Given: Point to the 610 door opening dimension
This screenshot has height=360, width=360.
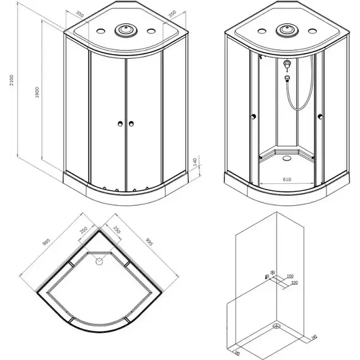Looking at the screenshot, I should coord(287,179).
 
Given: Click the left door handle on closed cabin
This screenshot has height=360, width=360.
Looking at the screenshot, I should coord(118,124).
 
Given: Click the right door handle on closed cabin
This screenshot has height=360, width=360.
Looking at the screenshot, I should coord(133,124).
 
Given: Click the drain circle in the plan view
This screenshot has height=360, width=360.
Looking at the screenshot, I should coord(99,259).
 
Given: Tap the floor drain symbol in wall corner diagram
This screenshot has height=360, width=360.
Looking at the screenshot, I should coord(276,327).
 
